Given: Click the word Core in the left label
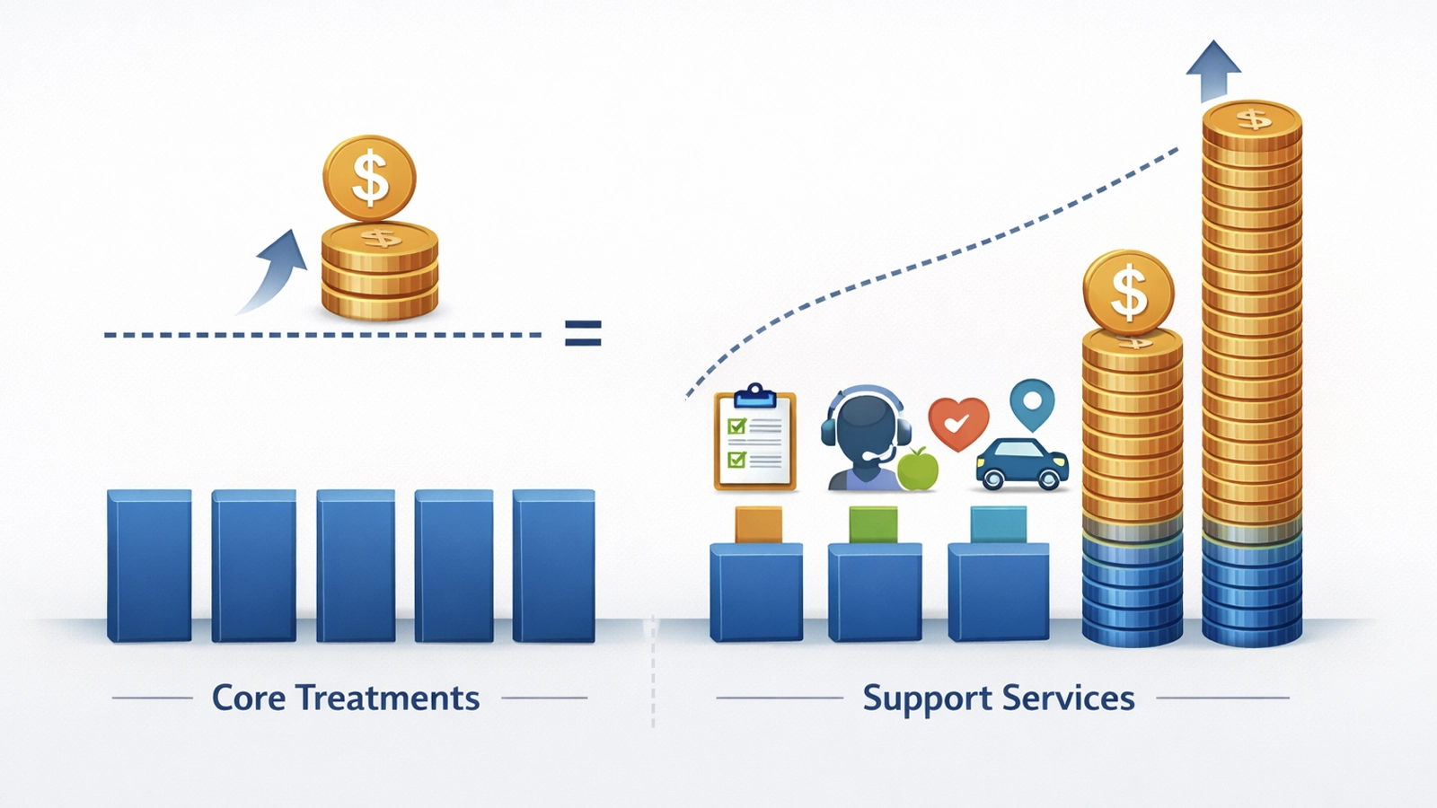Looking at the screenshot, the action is (248, 698).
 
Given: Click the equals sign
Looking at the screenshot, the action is (583, 333).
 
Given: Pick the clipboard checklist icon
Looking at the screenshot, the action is (755, 438).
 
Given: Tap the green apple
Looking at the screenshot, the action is (917, 470).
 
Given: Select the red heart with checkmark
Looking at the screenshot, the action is (958, 424).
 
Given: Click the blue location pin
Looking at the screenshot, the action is (1032, 405).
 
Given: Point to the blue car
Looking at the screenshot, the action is (1022, 464).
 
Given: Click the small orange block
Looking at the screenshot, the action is (758, 524).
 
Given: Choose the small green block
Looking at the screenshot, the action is (873, 524).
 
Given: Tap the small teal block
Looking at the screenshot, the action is (998, 524).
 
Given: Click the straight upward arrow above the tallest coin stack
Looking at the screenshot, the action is (1213, 71).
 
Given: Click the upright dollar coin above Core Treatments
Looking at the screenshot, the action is (369, 179).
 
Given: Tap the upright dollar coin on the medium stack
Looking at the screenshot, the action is (1129, 293).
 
